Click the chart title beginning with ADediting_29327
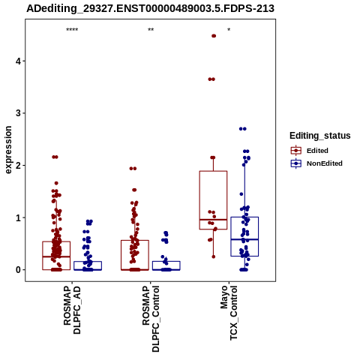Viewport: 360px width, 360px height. (x=150, y=9)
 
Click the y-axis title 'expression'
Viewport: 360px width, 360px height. (x=8, y=150)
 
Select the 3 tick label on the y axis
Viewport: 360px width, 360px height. (x=19, y=113)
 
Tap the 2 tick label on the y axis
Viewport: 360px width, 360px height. (x=19, y=166)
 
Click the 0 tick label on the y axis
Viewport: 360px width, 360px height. (x=19, y=270)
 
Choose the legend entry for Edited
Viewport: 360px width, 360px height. (x=309, y=151)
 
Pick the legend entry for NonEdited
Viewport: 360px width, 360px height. (x=316, y=163)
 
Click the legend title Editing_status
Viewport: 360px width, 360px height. (x=319, y=136)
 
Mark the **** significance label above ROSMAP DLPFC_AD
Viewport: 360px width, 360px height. (x=72, y=30)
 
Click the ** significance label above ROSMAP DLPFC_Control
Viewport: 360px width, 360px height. (x=151, y=30)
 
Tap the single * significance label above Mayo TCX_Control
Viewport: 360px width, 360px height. (x=229, y=30)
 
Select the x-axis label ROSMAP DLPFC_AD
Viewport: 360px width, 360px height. (x=72, y=310)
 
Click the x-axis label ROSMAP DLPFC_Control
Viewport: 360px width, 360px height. (x=151, y=319)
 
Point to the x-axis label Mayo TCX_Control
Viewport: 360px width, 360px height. (x=229, y=313)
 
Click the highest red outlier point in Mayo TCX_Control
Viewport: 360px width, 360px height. (x=214, y=36)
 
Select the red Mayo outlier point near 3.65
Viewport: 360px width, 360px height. (x=211, y=79)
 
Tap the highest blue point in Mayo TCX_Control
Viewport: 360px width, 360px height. (x=243, y=129)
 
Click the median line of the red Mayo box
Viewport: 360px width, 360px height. (x=213, y=220)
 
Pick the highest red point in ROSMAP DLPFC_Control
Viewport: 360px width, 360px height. (x=133, y=169)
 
